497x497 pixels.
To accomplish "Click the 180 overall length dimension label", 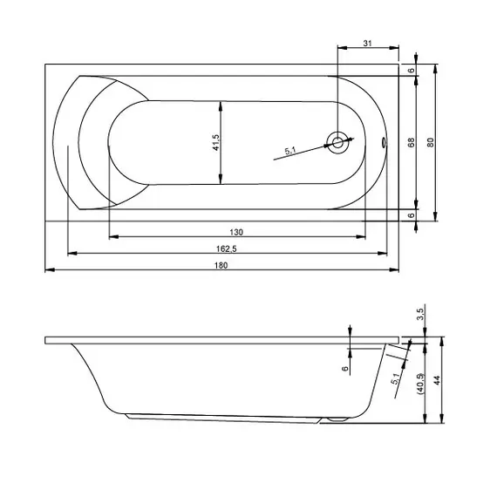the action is pyautogui.click(x=221, y=265).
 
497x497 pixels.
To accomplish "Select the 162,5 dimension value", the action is pyautogui.click(x=227, y=248).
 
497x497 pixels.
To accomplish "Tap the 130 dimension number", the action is pyautogui.click(x=236, y=232).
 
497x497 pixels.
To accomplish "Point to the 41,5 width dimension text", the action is pyautogui.click(x=216, y=142).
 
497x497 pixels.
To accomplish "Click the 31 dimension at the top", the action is pyautogui.click(x=367, y=43).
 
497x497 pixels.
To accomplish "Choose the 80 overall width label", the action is pyautogui.click(x=430, y=142).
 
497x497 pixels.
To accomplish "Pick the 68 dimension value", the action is pyautogui.click(x=411, y=142).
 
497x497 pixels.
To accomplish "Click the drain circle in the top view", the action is pyautogui.click(x=338, y=143).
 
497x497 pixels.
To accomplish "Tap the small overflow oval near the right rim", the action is pyautogui.click(x=385, y=142).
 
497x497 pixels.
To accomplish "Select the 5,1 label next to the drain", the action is pyautogui.click(x=290, y=151).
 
